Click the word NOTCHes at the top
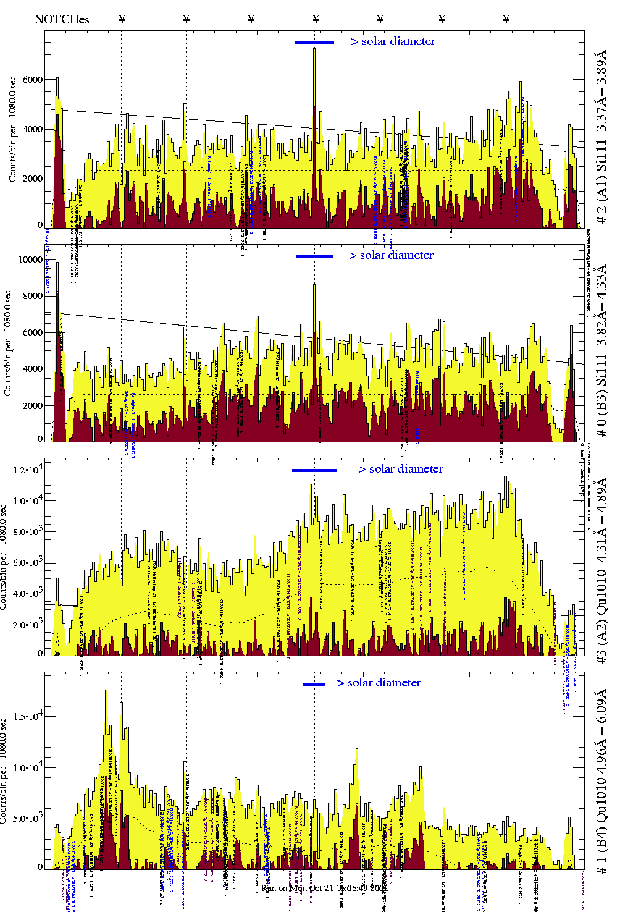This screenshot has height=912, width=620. pyautogui.click(x=62, y=19)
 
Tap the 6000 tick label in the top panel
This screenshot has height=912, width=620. pyautogui.click(x=33, y=80)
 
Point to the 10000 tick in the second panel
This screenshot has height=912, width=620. pyautogui.click(x=30, y=260)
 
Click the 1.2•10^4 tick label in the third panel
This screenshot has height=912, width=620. pyautogui.click(x=28, y=470)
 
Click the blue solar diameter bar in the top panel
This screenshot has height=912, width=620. pyautogui.click(x=314, y=43)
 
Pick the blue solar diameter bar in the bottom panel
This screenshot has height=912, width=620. pyautogui.click(x=314, y=685)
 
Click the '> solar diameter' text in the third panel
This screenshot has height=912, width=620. pyautogui.click(x=400, y=469)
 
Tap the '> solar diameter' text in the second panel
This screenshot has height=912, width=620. pyautogui.click(x=391, y=255)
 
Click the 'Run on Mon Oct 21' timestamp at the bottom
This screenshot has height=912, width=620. pyautogui.click(x=324, y=888)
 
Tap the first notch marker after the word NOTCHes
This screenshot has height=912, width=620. pyautogui.click(x=122, y=19)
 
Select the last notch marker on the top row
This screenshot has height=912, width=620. pyautogui.click(x=506, y=19)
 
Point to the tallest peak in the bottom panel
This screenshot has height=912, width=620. pyautogui.click(x=106, y=692)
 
